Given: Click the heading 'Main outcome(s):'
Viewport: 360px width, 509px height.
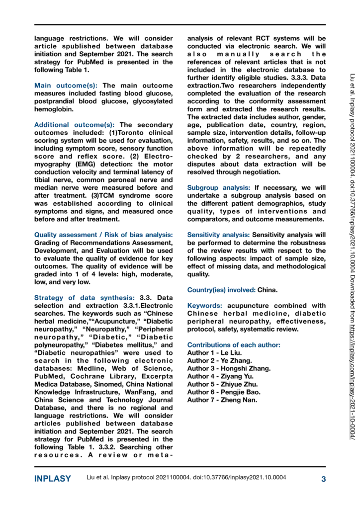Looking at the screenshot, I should (66, 86).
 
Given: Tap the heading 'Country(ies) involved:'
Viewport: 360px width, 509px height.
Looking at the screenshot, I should (221, 289).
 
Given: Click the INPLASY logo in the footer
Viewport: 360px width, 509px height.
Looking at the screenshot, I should (52, 479).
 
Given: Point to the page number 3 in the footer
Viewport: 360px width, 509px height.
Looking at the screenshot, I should (323, 479).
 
